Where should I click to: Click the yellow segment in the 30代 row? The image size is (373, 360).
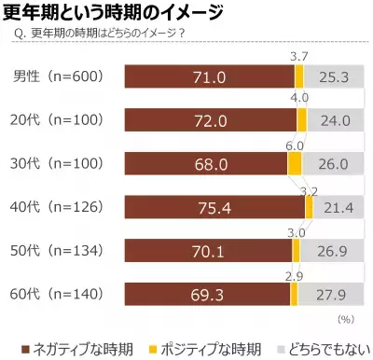(x=296, y=163)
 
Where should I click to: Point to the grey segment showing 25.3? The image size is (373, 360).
(x=334, y=76)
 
